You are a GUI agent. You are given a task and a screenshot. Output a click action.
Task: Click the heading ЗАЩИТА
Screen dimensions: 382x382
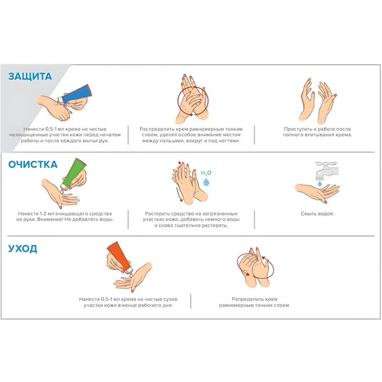point(30,76)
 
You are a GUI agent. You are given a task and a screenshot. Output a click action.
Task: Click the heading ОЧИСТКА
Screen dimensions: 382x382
point(33,164)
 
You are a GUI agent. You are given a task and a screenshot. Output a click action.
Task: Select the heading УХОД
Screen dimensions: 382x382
point(22,249)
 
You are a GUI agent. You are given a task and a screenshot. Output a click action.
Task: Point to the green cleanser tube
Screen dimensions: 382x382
point(74,173)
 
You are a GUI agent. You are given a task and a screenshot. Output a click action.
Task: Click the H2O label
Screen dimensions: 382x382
point(206,173)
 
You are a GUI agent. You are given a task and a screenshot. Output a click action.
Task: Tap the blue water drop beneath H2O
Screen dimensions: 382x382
point(206,181)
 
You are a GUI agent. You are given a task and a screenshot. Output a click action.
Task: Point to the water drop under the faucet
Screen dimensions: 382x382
point(319,183)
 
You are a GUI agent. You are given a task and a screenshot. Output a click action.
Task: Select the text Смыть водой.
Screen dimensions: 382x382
point(318,213)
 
